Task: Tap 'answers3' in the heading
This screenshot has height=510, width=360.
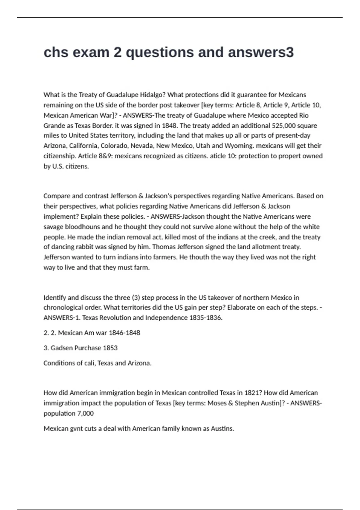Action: pyautogui.click(x=260, y=52)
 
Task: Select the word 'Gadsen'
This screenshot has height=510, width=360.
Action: pyautogui.click(x=61, y=348)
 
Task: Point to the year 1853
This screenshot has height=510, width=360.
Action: pyautogui.click(x=110, y=348)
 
